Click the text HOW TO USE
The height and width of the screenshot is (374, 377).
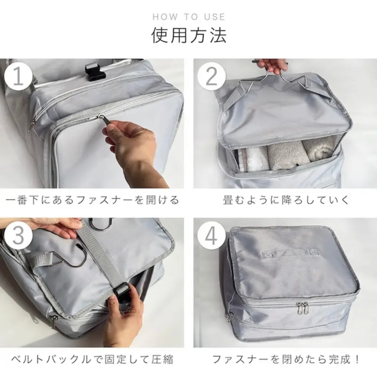pos(188,17)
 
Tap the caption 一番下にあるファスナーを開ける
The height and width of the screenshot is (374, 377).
pos(92,200)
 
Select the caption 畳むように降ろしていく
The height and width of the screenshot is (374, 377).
pos(286,200)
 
